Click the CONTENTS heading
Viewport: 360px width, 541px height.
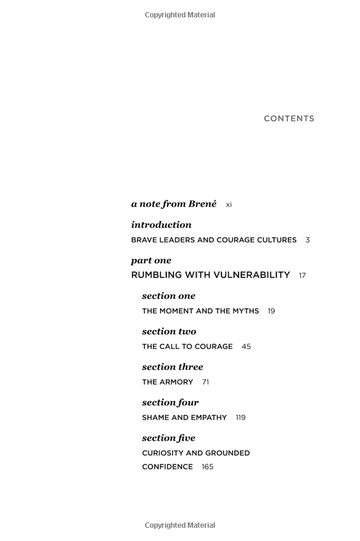[x=289, y=119]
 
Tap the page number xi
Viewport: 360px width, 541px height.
[x=229, y=205]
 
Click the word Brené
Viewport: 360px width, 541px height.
[x=202, y=204]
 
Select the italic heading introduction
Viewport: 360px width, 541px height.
[x=161, y=225]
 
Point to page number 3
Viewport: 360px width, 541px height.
[x=308, y=240]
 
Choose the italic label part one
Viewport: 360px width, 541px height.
[x=151, y=260]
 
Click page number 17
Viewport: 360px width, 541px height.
[x=302, y=276]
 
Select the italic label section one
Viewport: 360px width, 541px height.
[x=169, y=296]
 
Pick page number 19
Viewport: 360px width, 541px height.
[x=271, y=311]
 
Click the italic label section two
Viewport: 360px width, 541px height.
[x=169, y=331]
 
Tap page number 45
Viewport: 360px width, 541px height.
[x=246, y=347]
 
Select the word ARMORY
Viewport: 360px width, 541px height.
[x=177, y=382]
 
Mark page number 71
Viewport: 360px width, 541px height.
[x=205, y=382]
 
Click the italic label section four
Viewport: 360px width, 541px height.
[x=170, y=402]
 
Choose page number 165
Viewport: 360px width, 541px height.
[x=208, y=467]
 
